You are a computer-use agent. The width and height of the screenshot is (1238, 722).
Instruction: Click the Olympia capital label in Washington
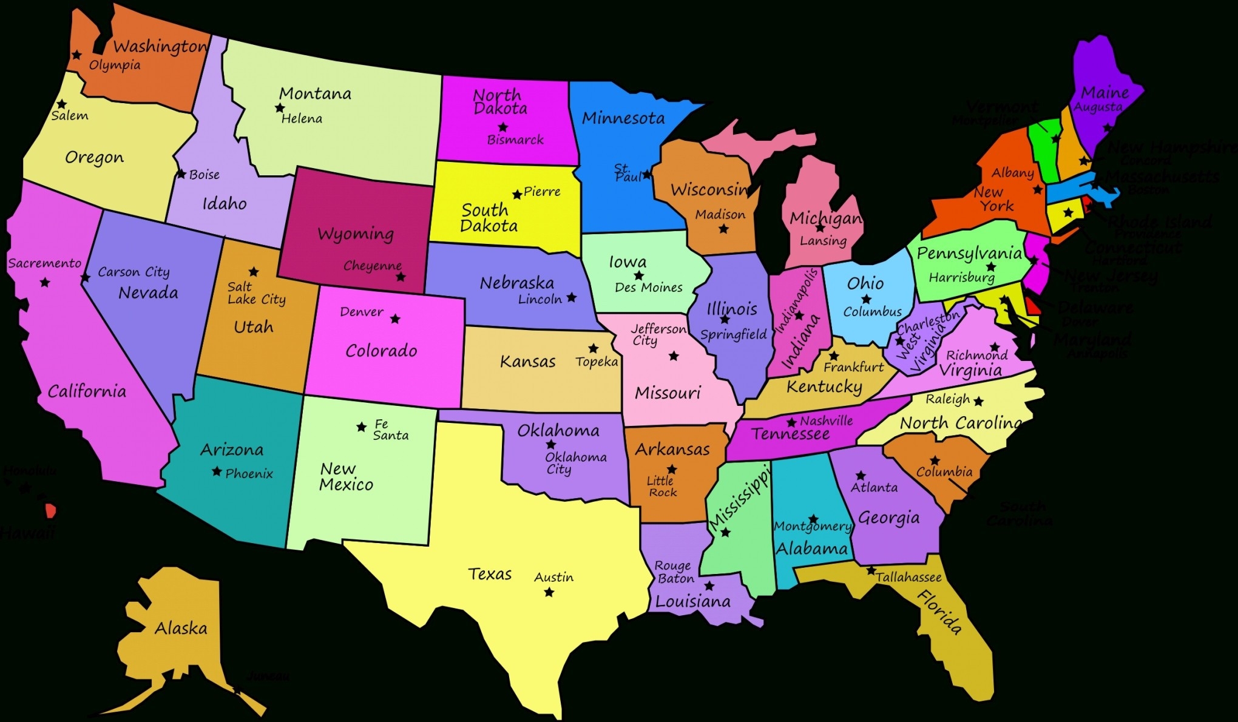(x=115, y=65)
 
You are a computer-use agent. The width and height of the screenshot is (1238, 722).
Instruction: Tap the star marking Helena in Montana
(x=280, y=108)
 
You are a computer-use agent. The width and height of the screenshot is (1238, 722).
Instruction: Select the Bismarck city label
(x=515, y=140)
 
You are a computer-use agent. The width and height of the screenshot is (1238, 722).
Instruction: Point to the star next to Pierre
(x=517, y=195)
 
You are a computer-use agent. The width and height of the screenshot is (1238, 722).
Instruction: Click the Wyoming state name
(x=356, y=234)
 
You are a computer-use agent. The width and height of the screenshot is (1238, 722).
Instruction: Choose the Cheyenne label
(x=373, y=266)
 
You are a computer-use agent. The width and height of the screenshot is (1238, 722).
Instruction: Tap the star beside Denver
(x=395, y=319)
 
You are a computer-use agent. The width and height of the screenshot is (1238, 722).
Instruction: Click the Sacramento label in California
(x=44, y=263)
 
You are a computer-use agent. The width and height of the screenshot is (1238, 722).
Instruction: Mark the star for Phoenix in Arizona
(x=217, y=471)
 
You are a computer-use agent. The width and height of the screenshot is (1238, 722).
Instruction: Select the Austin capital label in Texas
(x=553, y=577)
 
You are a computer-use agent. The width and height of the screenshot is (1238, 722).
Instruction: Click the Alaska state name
(x=181, y=628)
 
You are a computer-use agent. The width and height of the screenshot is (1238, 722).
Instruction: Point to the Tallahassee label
(x=908, y=577)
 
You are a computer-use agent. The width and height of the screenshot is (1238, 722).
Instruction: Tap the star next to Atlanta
(x=861, y=476)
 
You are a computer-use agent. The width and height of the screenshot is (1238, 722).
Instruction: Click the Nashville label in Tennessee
(x=826, y=420)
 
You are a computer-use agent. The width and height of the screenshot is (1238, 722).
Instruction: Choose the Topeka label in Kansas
(x=597, y=362)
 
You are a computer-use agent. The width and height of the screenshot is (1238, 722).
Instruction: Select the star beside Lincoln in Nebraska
(x=572, y=297)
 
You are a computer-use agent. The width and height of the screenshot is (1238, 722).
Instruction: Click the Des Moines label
(x=648, y=288)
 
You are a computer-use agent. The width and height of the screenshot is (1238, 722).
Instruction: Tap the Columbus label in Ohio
(x=873, y=312)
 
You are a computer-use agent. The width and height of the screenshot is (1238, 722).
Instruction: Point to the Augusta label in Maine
(x=1098, y=107)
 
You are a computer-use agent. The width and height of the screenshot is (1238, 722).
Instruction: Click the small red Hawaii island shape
(x=51, y=511)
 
